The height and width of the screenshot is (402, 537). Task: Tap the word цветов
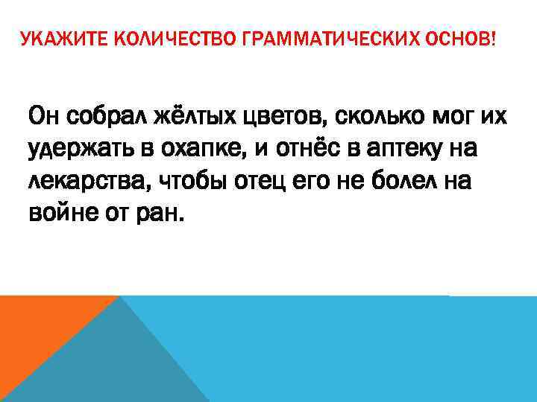click(x=285, y=118)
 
